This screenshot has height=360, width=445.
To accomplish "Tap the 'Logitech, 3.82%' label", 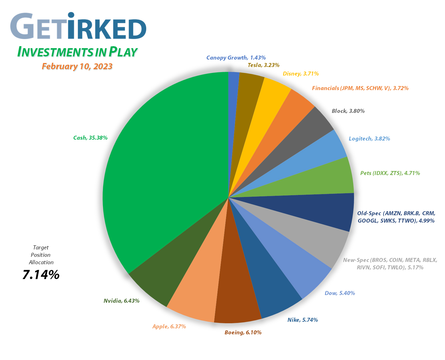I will [369, 139].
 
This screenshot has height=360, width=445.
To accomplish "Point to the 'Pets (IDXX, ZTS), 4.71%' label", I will [390, 173].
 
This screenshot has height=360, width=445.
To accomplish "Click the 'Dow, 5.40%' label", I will [340, 293].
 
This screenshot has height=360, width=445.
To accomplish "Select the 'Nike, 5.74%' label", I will [302, 320].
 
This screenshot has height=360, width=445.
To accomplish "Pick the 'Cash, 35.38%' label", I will [90, 138].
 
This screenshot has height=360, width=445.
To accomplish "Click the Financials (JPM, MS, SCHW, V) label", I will [360, 88].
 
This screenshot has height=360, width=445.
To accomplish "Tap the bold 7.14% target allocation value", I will [41, 275].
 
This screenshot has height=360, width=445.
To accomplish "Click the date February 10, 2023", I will [77, 66].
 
